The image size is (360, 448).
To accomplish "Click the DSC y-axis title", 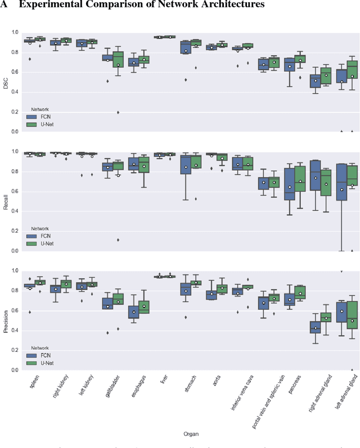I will tap(6, 82).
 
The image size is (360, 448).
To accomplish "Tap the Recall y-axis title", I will tap(6, 201).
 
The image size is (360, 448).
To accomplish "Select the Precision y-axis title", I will tap(6, 320).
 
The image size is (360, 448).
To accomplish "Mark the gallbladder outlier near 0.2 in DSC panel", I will tap(118, 112).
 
